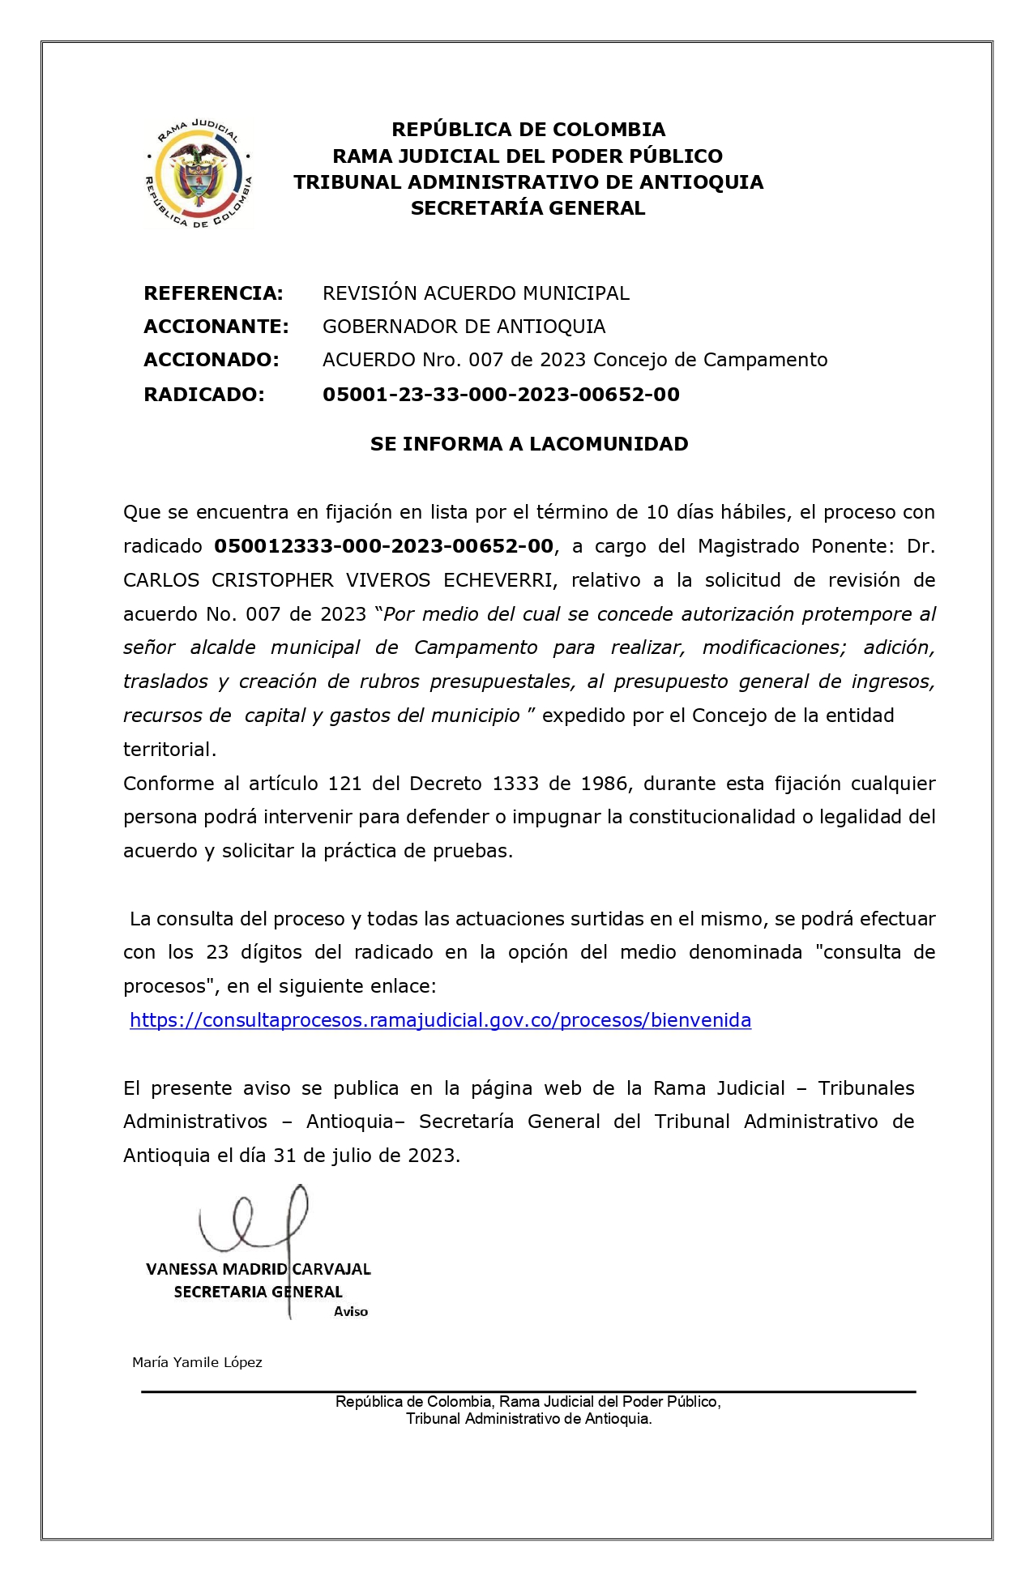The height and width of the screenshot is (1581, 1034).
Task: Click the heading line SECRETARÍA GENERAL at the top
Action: [528, 208]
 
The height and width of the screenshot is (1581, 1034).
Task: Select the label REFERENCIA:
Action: [213, 293]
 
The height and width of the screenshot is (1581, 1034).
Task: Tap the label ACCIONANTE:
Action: [216, 326]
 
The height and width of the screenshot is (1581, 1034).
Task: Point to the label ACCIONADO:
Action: [211, 359]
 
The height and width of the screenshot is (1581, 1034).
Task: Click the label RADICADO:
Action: [203, 394]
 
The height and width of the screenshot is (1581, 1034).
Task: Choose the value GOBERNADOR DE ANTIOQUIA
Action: [464, 326]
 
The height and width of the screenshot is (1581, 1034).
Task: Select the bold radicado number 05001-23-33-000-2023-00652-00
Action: [501, 394]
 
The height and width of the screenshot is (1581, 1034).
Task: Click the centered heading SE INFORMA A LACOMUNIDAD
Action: [528, 443]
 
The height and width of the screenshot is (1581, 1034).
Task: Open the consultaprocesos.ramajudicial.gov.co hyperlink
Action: [440, 1019]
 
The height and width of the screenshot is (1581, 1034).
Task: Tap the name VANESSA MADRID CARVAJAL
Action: [258, 1269]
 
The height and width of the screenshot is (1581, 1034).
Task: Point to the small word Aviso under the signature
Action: [350, 1311]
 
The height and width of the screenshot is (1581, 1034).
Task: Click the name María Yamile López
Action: [197, 1362]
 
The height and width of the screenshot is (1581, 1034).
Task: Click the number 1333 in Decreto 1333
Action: [515, 784]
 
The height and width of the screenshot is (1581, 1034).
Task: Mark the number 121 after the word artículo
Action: [344, 784]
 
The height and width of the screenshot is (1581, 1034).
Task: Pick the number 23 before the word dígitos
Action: [217, 952]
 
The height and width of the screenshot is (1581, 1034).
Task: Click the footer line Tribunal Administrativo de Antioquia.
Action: [528, 1418]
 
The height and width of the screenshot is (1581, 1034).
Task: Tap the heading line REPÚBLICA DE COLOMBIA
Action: [528, 130]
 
